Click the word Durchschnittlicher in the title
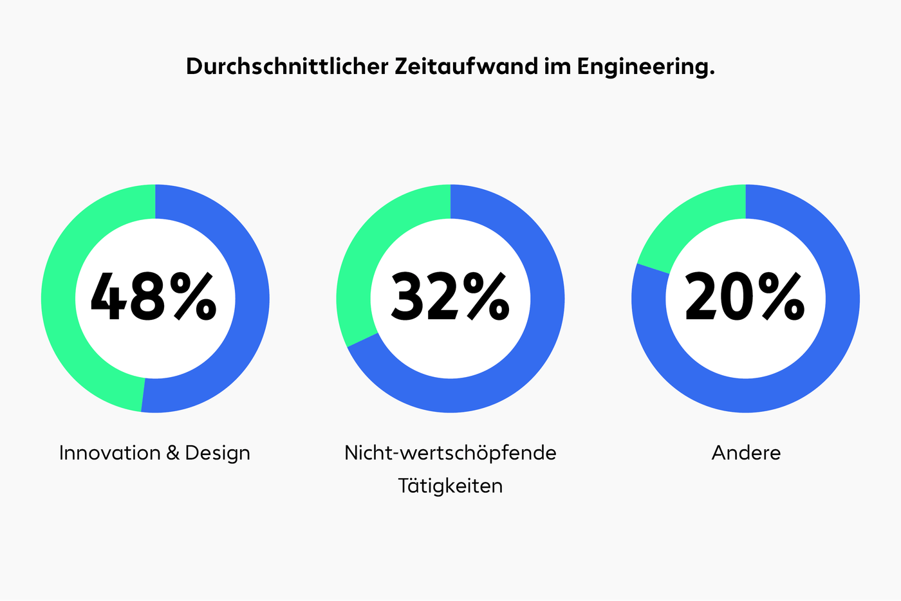[288, 67]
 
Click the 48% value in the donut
[154, 297]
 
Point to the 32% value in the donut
[450, 297]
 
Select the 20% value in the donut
[745, 297]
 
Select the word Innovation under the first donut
[109, 453]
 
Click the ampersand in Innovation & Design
[172, 453]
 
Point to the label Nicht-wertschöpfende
[450, 453]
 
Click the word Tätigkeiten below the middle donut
[450, 486]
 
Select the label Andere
[746, 453]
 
